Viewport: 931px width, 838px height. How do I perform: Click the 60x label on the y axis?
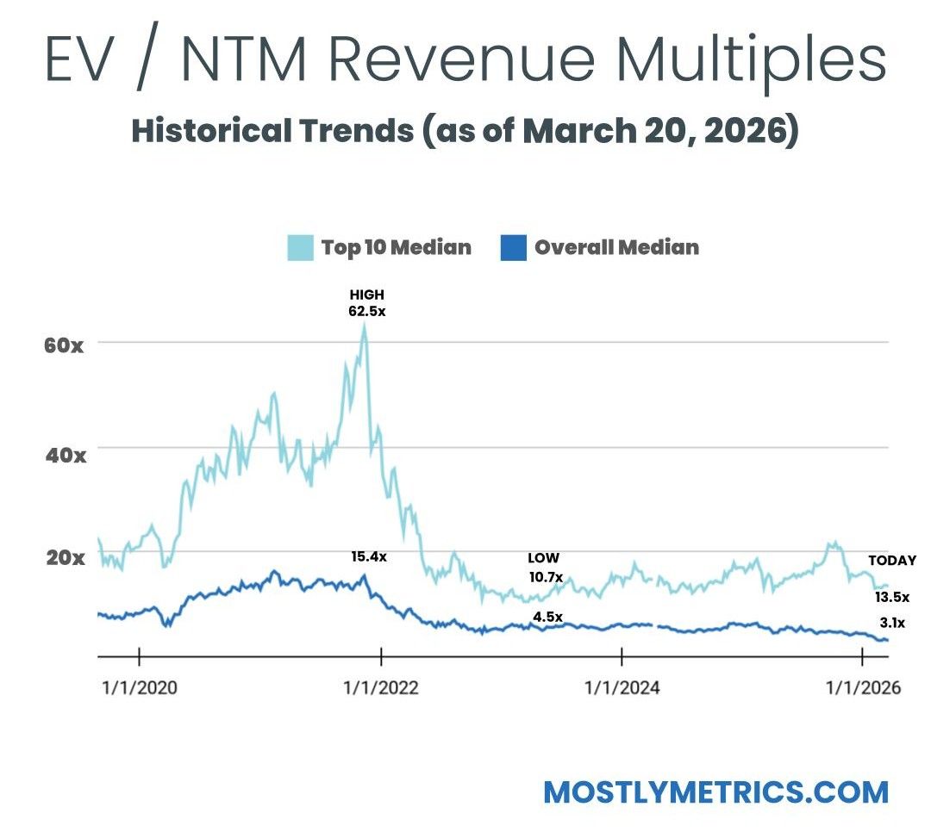tap(65, 346)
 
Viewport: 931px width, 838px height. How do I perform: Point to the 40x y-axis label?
tap(65, 454)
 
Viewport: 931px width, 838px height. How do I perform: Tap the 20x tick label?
tap(65, 557)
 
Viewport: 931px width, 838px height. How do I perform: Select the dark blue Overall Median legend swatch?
tap(513, 248)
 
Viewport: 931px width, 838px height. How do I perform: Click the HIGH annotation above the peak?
tap(366, 295)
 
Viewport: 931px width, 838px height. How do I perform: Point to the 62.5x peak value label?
tap(366, 311)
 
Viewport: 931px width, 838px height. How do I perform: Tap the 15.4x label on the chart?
tap(369, 556)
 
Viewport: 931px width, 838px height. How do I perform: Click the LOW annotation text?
tap(544, 558)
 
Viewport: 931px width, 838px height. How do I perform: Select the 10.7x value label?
tap(546, 576)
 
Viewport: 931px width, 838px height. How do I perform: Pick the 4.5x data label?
tap(547, 617)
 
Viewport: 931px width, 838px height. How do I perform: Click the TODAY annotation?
tap(892, 561)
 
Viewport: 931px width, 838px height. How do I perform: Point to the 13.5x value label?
tap(892, 596)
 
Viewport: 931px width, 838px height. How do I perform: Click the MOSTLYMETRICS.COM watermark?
tap(715, 791)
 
